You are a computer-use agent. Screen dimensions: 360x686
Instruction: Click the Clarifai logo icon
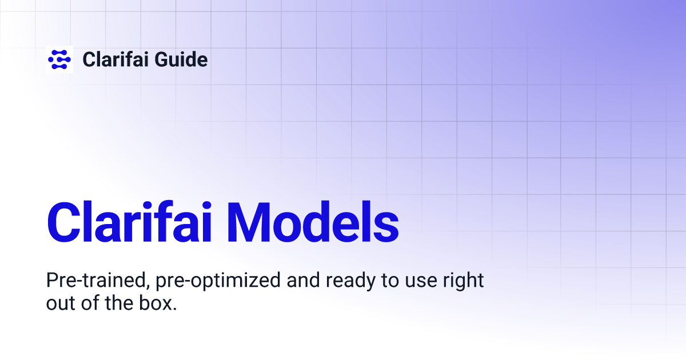[59, 59]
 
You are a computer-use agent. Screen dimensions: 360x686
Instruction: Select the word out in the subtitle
[59, 303]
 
